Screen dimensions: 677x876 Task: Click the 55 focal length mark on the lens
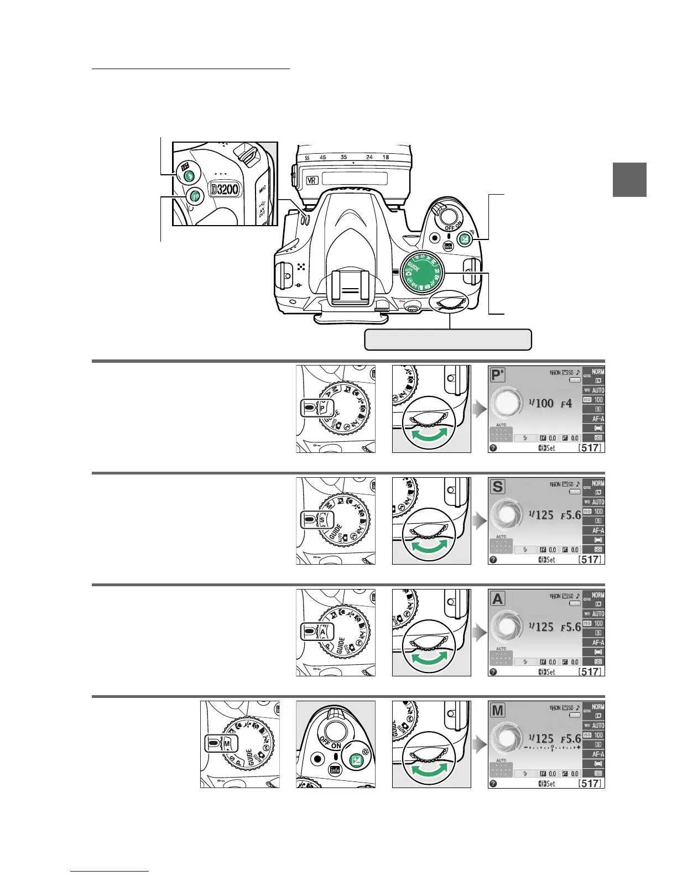click(307, 158)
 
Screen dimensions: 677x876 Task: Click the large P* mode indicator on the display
click(498, 376)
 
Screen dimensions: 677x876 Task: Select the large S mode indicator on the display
click(498, 487)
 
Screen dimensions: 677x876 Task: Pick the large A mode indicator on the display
click(498, 599)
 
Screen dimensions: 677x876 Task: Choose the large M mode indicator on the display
click(498, 710)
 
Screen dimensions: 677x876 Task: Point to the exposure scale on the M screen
click(553, 748)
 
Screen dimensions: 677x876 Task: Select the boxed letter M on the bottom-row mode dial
click(227, 744)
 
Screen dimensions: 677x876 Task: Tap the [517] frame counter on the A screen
click(590, 671)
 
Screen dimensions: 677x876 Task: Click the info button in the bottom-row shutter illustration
click(335, 769)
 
